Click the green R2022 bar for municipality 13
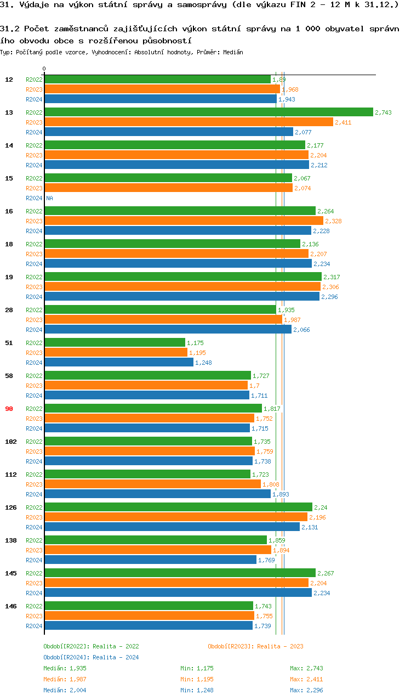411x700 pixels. coord(208,112)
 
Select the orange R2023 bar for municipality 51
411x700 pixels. coord(116,352)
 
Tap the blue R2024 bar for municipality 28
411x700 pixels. coord(168,329)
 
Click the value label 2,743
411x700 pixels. coord(383,112)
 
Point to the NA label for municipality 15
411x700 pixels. coord(49,198)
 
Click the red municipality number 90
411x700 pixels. coord(9,409)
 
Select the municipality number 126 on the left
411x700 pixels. coord(10,507)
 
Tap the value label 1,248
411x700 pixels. coord(203,363)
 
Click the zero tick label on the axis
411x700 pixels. coord(44,69)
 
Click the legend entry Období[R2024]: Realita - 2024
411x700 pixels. coord(91,657)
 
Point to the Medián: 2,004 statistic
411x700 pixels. coord(65,690)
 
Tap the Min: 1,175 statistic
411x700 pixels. coord(197,668)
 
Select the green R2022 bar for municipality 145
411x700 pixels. coord(180,573)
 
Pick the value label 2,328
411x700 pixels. coord(333,221)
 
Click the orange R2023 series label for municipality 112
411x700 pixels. coord(34,484)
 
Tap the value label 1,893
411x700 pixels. coord(281,494)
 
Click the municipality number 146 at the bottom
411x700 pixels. coord(10,606)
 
